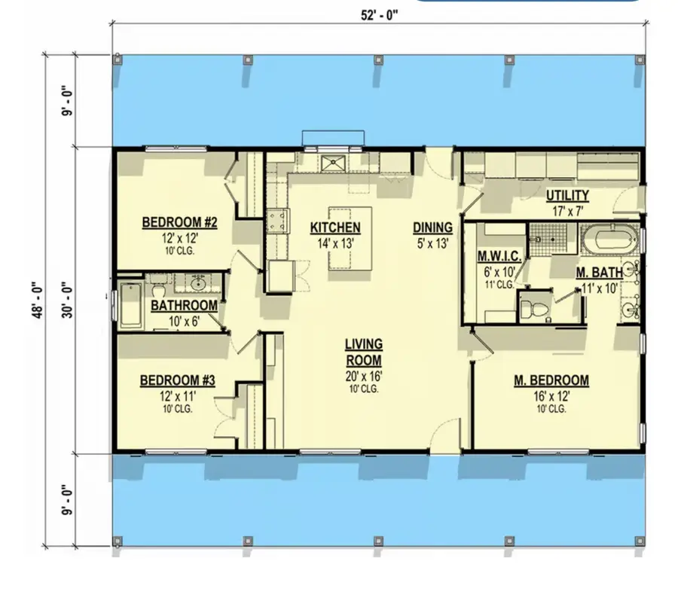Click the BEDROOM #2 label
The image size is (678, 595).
point(180,223)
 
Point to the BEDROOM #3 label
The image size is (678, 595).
point(178,380)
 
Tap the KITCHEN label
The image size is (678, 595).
point(335,227)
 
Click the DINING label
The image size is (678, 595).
point(432,227)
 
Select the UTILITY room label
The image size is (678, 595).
point(567,196)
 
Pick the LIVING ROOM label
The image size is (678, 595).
point(364,352)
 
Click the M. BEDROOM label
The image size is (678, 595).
point(551,380)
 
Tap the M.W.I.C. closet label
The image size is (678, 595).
point(496,256)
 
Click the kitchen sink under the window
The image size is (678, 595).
point(331,162)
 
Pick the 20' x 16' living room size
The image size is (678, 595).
point(364,377)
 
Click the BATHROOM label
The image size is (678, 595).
point(184,306)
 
